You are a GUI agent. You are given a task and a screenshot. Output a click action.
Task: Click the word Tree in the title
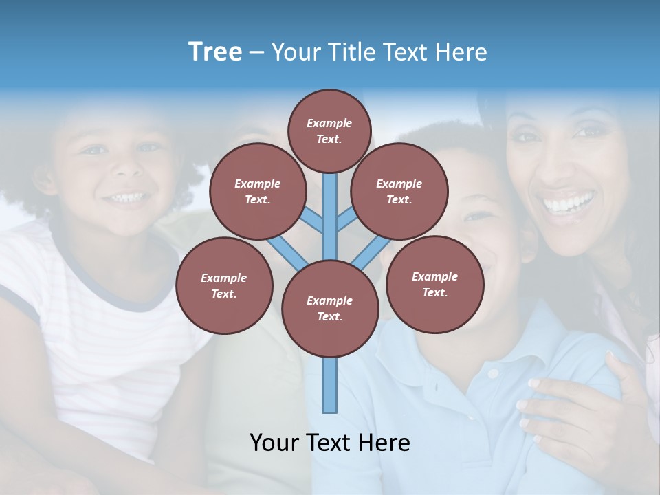pos(215,52)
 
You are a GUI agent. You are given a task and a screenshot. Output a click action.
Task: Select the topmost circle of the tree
pos(329,131)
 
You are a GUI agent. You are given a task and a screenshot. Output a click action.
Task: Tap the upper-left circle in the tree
pos(257,191)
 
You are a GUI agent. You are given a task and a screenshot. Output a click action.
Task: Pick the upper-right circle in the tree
pos(399,191)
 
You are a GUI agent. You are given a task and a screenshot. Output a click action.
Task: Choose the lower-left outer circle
pos(223,285)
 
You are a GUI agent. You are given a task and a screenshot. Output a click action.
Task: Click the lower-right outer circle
pos(434,284)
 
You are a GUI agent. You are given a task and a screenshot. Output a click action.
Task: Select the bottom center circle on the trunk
pos(330,308)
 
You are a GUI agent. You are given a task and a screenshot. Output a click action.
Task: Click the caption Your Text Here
pos(330,442)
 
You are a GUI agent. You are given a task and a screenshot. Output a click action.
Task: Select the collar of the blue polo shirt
pos(481,357)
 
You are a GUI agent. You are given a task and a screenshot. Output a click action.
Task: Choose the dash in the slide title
pos(256,52)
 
